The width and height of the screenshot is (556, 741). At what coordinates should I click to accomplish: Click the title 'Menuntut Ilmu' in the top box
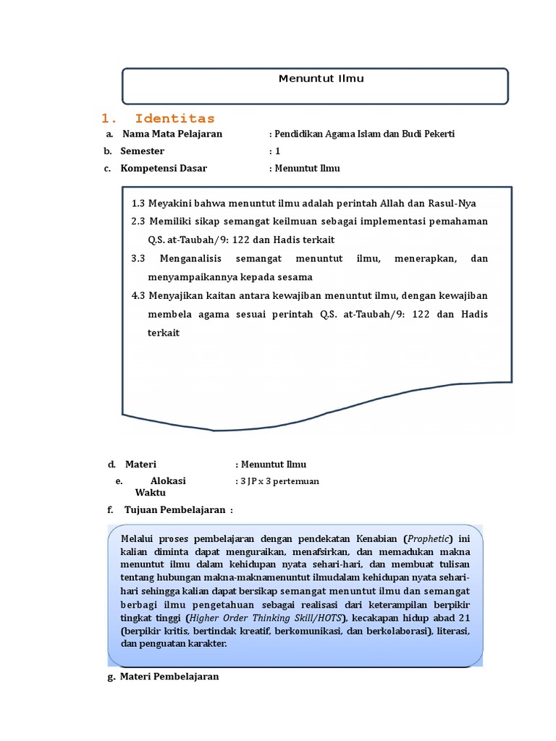321,79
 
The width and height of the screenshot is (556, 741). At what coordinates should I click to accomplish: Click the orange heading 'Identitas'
174,118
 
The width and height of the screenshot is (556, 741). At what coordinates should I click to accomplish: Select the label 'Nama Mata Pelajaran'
172,134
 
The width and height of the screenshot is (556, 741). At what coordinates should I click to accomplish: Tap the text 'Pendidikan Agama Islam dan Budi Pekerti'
363,134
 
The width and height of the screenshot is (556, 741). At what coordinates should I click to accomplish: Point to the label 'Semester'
142,151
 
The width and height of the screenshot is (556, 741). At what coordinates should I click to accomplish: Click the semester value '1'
277,151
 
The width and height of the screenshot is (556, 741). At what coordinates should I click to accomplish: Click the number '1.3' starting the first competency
139,203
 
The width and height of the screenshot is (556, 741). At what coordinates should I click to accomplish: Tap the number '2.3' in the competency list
139,221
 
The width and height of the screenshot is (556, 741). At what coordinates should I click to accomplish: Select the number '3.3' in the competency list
139,258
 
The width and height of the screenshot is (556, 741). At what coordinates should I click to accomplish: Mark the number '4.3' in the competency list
139,295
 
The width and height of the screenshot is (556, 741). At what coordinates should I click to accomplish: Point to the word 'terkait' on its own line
163,333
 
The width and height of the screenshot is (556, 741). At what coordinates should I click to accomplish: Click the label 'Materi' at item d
140,465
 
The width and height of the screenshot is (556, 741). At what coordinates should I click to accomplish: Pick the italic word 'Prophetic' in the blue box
429,539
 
